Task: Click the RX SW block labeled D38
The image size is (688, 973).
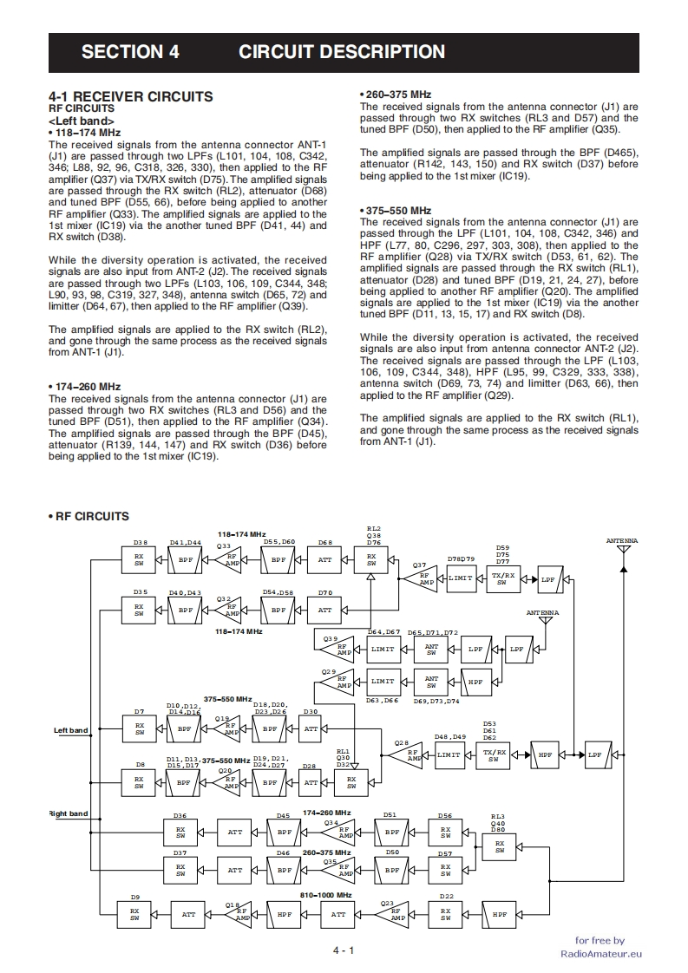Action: click(140, 559)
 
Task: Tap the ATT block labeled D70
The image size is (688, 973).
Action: click(324, 610)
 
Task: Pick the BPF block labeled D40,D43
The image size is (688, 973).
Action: click(185, 610)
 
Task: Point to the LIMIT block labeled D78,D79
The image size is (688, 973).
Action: click(461, 578)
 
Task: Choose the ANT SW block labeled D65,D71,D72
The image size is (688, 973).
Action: click(431, 649)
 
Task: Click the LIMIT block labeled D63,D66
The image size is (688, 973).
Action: click(383, 682)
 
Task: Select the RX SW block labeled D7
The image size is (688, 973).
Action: click(139, 729)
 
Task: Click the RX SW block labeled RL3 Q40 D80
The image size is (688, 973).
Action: click(500, 847)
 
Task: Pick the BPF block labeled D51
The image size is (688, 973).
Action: click(392, 832)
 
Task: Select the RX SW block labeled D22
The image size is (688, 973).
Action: click(445, 914)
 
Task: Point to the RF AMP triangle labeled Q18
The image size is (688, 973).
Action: click(241, 914)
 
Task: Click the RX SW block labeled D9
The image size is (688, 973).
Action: click(134, 914)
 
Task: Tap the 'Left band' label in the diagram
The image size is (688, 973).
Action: click(71, 730)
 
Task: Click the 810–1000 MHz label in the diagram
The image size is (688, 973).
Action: click(325, 894)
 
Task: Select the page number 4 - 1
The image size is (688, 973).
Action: click(344, 950)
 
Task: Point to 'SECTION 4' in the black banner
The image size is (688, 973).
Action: click(130, 52)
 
